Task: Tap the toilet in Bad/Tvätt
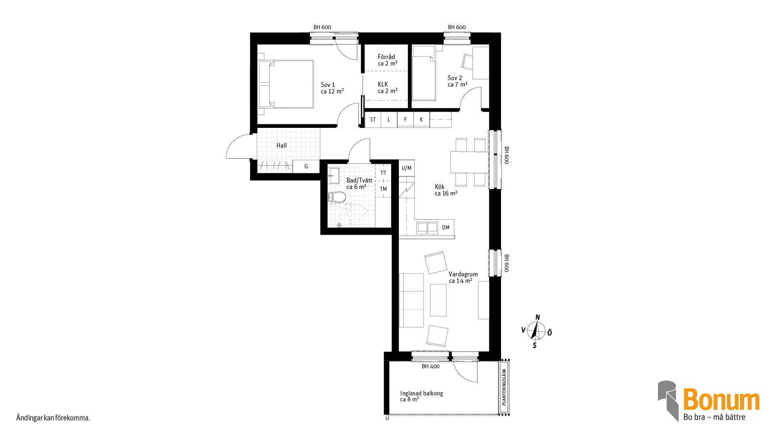coord(337,197)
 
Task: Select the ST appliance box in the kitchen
coord(373,119)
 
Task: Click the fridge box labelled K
coord(421,119)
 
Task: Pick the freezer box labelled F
coord(405,119)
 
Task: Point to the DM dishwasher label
coord(446,227)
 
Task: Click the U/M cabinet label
coord(407,168)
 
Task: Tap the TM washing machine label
coord(383,189)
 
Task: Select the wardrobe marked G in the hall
coord(306,166)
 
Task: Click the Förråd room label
coord(386,57)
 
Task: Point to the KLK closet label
coord(383,84)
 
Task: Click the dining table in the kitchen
coord(469,162)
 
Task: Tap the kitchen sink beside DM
coord(427,227)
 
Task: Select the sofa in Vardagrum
coord(411,300)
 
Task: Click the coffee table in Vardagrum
coord(438,300)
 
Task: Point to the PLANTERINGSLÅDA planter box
coord(504,386)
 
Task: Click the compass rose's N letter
coord(538,317)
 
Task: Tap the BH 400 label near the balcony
coord(430,367)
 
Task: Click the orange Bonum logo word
coord(721,400)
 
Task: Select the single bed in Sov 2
coord(424,73)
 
